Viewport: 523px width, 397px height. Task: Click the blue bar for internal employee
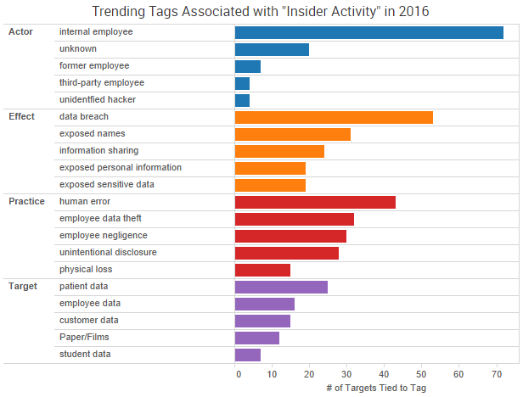coord(368,32)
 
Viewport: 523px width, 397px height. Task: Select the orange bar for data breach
coord(334,117)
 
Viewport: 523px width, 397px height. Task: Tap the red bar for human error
coord(315,202)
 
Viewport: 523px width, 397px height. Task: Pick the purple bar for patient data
coord(281,287)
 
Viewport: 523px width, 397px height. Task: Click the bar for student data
coord(248,355)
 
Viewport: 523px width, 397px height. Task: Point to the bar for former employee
coord(248,66)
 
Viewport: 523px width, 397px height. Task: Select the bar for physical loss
coord(262,270)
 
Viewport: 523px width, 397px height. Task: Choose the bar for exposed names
coord(292,134)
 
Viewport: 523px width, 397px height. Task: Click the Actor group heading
coord(20,31)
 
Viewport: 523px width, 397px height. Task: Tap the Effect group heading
coord(21,116)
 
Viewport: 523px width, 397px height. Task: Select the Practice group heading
coord(26,201)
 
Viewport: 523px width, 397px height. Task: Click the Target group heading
coord(23,286)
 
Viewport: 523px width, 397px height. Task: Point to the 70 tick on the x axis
coord(497,373)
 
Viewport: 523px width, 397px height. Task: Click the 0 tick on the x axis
coord(238,373)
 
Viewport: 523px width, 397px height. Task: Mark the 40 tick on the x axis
coord(385,373)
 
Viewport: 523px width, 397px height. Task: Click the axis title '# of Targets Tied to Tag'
coord(375,388)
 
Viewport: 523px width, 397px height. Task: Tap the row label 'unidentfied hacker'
coord(98,100)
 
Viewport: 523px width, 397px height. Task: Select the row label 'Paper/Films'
coord(84,338)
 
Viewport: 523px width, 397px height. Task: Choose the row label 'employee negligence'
coord(102,236)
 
